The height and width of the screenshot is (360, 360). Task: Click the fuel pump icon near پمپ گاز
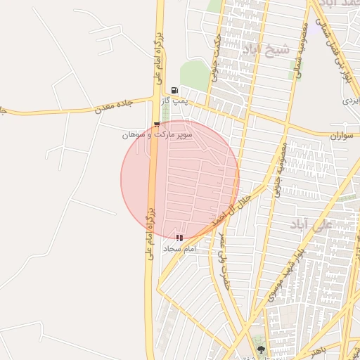tap(174, 90)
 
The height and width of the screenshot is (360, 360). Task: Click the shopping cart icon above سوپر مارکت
tap(156, 124)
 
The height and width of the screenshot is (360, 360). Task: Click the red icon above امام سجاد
tap(180, 238)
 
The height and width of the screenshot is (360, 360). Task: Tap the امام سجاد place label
tap(179, 249)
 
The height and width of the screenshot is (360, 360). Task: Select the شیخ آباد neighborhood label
tap(265, 49)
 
